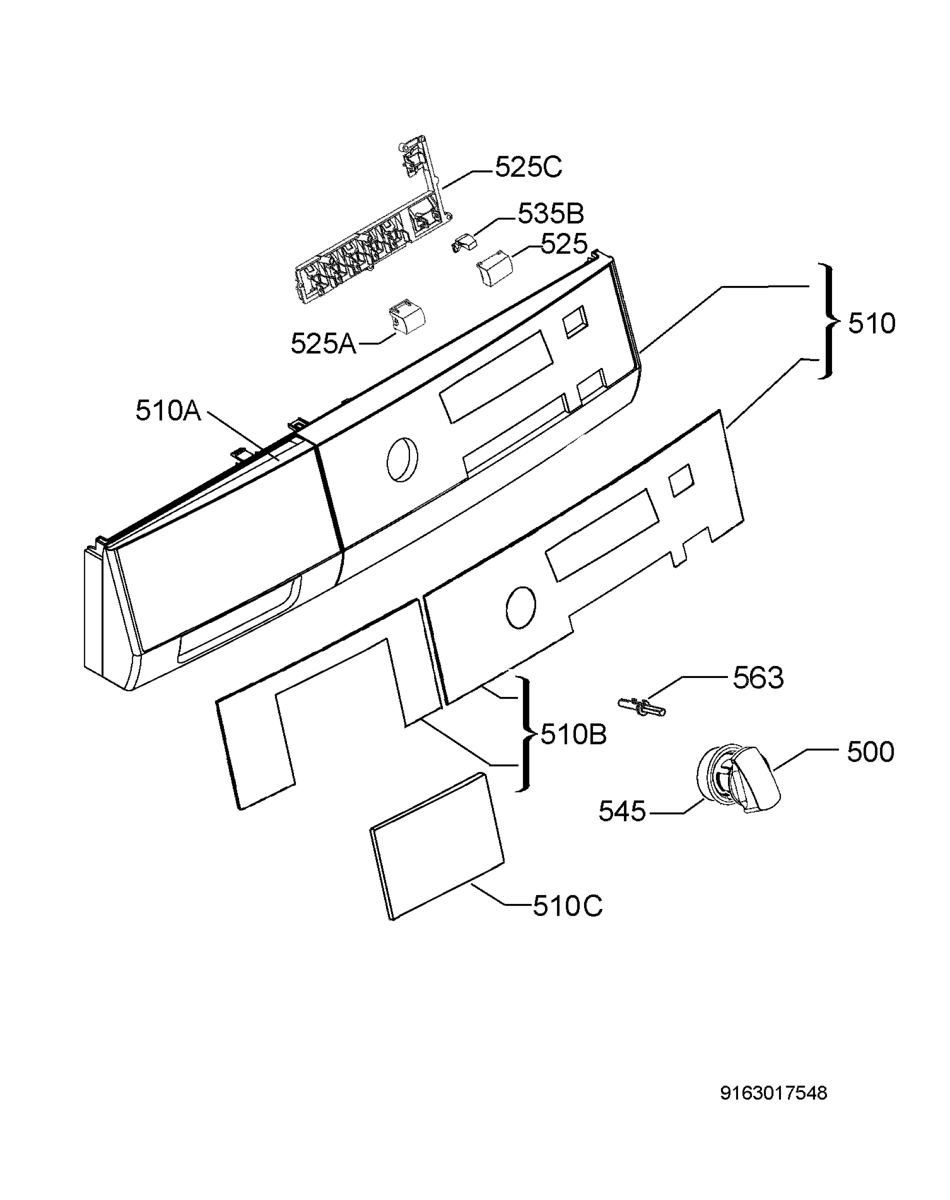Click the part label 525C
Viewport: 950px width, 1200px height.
tap(528, 167)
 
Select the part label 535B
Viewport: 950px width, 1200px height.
tap(550, 213)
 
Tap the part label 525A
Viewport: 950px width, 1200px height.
tap(323, 343)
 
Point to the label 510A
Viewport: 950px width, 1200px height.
tap(168, 410)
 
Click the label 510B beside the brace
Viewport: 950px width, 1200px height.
tap(573, 734)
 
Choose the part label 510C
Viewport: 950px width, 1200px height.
tap(567, 906)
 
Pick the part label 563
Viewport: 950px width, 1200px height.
tap(758, 678)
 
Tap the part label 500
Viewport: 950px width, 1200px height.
tap(870, 752)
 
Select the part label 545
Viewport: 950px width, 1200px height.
tap(622, 811)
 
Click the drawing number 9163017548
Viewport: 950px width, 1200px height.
tap(773, 1093)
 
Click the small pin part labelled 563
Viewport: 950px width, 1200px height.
tap(642, 707)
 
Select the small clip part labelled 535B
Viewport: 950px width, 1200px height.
tap(464, 243)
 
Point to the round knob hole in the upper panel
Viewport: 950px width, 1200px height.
tap(402, 459)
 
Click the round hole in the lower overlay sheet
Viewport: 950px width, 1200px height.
tap(521, 608)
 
